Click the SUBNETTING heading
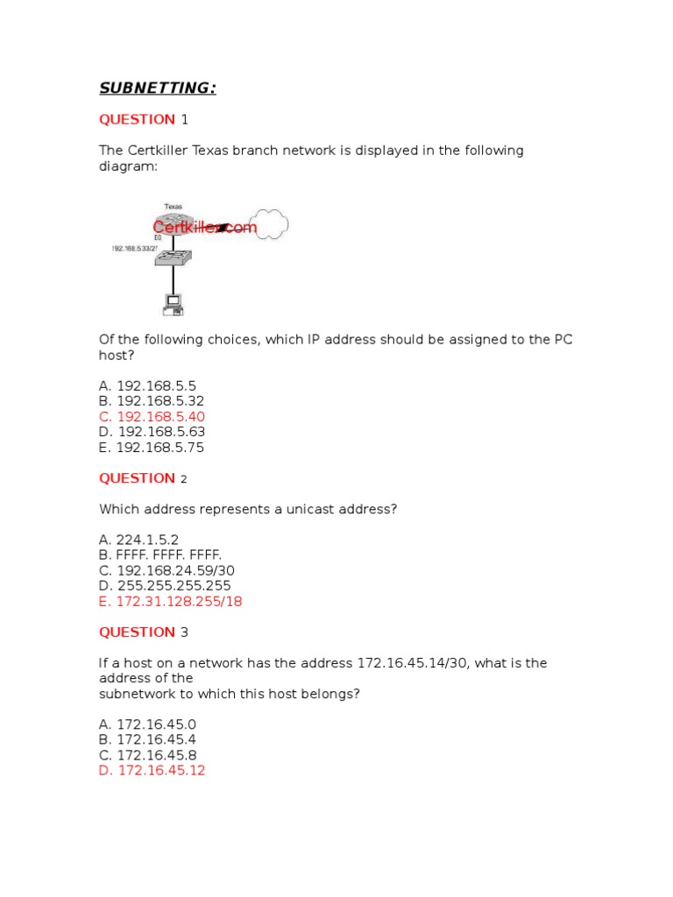tap(157, 88)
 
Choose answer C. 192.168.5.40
tap(152, 417)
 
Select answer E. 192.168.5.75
tap(152, 448)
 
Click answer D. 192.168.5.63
tap(152, 432)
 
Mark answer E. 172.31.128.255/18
tap(170, 602)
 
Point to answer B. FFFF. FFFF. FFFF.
tap(160, 555)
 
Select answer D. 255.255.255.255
tap(165, 586)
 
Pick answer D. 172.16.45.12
tap(152, 771)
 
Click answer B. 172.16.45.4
tap(148, 740)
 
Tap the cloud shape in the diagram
tap(269, 225)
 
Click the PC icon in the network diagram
tap(173, 304)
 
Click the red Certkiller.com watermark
tap(204, 228)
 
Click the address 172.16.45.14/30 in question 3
tap(412, 663)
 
